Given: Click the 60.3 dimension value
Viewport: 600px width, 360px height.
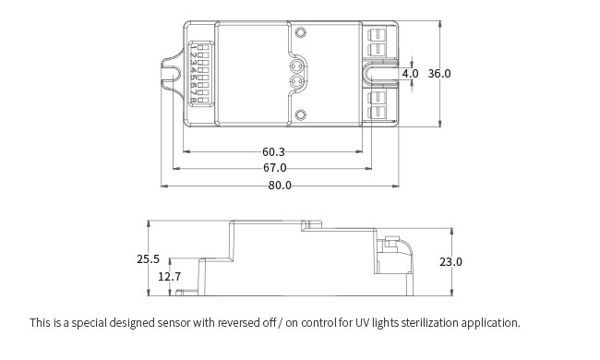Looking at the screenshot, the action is (273, 152).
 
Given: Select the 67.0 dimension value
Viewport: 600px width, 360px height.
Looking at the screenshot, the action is (274, 168).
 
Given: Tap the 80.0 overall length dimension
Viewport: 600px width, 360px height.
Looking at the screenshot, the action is (280, 186).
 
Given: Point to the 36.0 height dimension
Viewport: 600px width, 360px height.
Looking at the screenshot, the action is (439, 73).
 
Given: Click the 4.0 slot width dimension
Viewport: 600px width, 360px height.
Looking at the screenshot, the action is (410, 73).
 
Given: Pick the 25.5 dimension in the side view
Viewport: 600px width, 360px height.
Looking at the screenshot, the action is (148, 259).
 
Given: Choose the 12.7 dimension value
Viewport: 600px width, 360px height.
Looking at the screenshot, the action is (170, 276).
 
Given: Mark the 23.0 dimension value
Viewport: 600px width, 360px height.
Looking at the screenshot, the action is (450, 261).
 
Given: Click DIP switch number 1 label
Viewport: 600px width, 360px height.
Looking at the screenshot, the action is (194, 48).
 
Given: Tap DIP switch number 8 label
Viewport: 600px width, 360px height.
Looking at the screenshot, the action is (194, 101).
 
